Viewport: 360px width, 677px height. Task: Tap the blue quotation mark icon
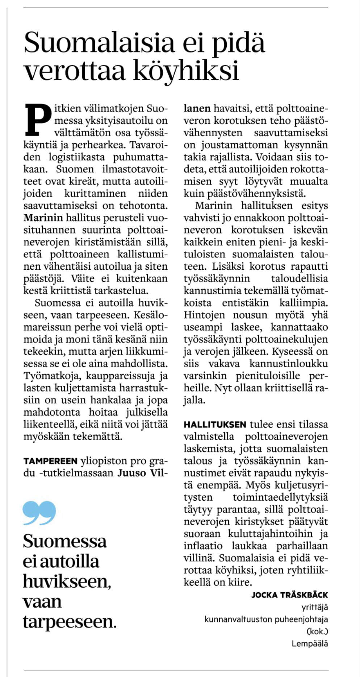click(39, 513)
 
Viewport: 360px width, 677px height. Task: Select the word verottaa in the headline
click(74, 70)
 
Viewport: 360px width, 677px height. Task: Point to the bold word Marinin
click(43, 218)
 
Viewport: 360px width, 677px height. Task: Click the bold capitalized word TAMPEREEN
click(50, 461)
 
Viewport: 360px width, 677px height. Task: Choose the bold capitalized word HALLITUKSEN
click(215, 425)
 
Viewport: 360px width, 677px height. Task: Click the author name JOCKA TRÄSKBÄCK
click(289, 595)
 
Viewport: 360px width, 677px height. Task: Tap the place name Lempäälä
click(310, 643)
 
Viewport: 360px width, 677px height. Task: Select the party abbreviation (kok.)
click(317, 631)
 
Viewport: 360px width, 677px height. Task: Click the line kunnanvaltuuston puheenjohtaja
click(266, 619)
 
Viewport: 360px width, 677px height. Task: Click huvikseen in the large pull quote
click(67, 581)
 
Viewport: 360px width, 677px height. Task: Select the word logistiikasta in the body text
click(76, 157)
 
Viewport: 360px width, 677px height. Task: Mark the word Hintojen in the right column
click(204, 315)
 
